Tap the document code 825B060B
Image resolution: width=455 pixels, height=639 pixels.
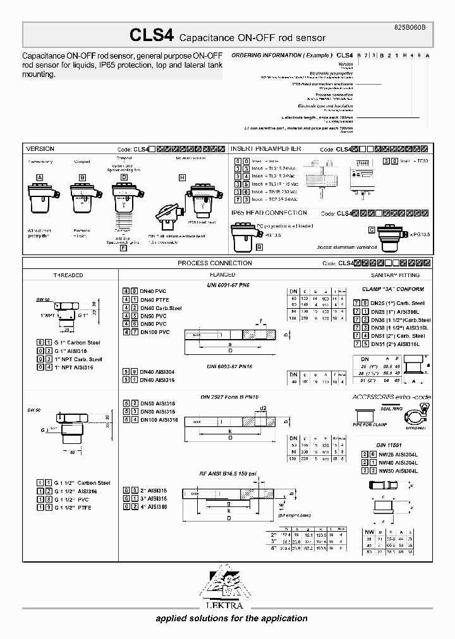[x=414, y=28]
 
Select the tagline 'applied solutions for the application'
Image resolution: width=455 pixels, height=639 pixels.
[x=231, y=618]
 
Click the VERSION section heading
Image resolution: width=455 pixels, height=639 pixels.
[x=40, y=149]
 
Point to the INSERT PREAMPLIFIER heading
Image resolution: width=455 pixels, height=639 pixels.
[x=265, y=149]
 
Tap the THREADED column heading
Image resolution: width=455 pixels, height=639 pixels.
[x=68, y=275]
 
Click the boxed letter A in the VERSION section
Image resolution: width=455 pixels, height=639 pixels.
[x=39, y=178]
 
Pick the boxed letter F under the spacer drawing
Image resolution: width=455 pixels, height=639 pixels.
[x=123, y=248]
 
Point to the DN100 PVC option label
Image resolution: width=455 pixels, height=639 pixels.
[x=155, y=331]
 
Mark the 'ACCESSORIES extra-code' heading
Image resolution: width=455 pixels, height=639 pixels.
[x=392, y=399]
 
